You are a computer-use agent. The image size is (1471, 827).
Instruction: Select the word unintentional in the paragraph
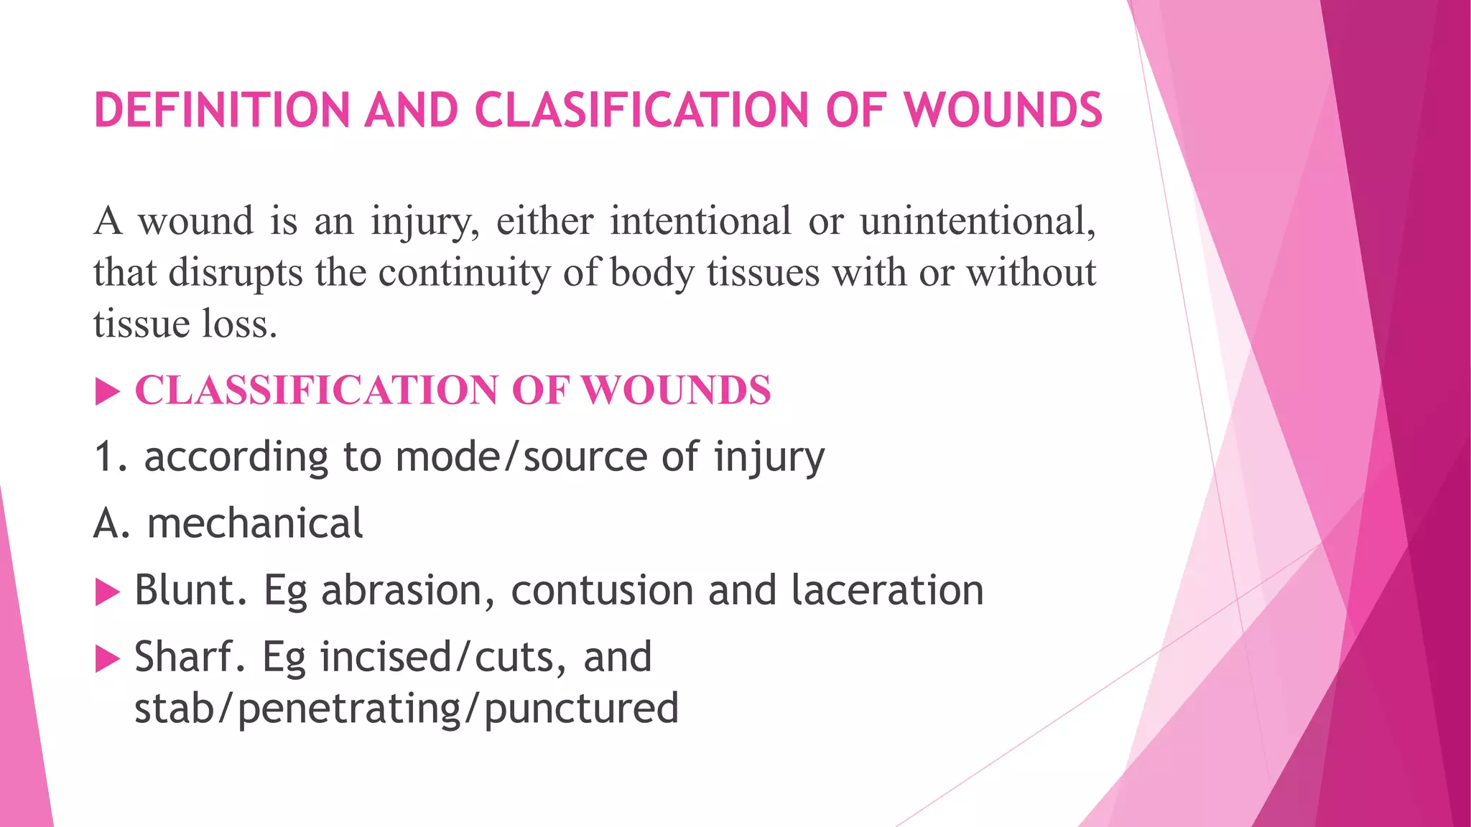tap(977, 220)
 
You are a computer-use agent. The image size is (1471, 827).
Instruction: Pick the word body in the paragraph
tap(652, 273)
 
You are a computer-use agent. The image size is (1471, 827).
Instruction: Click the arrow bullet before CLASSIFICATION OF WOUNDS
tap(107, 392)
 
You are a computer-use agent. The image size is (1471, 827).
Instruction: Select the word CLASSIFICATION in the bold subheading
tap(315, 391)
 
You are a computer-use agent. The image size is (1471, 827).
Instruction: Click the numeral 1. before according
tap(111, 457)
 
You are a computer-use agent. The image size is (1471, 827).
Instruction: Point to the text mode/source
tap(521, 457)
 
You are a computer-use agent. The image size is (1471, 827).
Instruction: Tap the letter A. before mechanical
tap(112, 523)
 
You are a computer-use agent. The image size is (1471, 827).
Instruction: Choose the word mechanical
tap(255, 523)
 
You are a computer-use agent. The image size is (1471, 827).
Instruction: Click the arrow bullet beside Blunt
tap(107, 592)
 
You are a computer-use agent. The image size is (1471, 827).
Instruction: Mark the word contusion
tap(602, 591)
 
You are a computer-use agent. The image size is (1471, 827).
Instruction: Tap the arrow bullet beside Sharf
tap(107, 658)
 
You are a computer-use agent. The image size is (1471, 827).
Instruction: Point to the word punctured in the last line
tap(581, 709)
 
